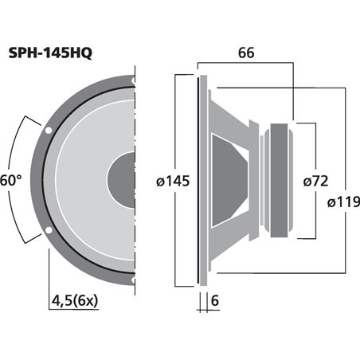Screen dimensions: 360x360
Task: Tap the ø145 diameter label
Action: pyautogui.click(x=173, y=182)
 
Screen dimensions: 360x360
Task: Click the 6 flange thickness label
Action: pyautogui.click(x=215, y=301)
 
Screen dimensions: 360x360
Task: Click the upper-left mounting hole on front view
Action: pyautogui.click(x=49, y=128)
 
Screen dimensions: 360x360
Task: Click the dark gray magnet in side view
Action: pyautogui.click(x=281, y=180)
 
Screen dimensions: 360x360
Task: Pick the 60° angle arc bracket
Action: pyautogui.click(x=25, y=180)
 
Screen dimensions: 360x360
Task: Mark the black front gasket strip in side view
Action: pyautogui.click(x=198, y=180)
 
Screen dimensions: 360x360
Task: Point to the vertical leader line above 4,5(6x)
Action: pyautogui.click(x=49, y=271)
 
